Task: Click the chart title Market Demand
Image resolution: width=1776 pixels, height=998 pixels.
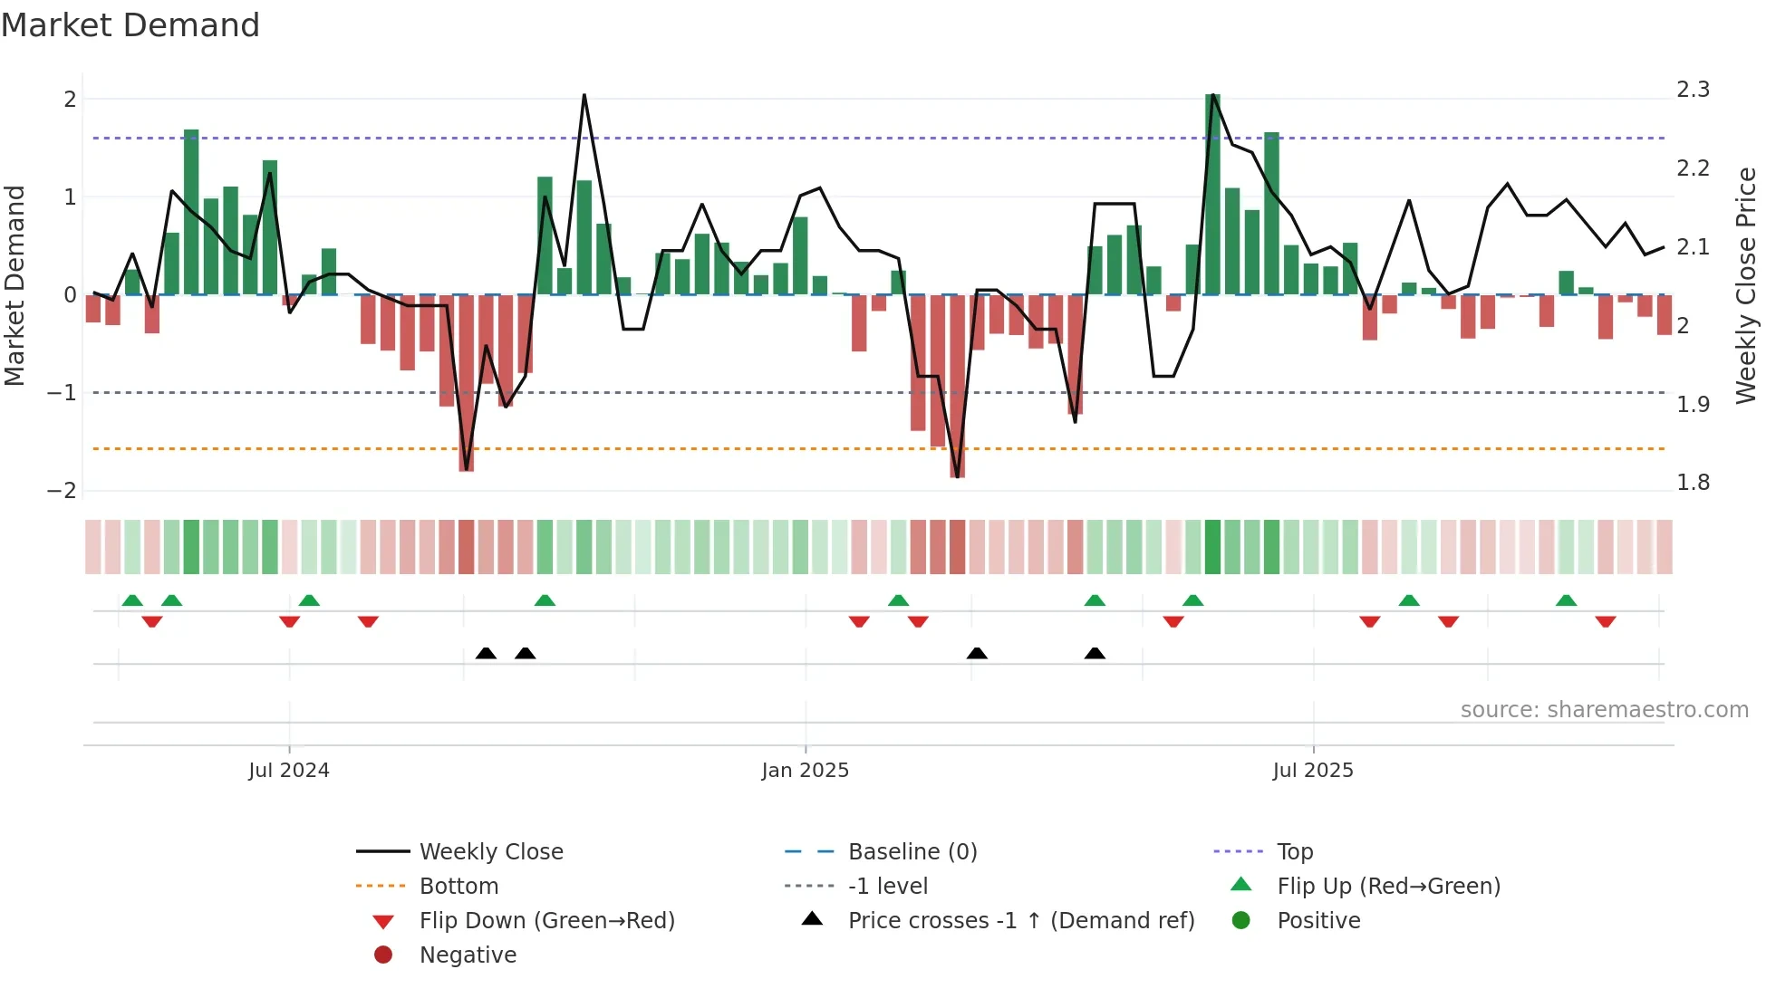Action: pos(130,25)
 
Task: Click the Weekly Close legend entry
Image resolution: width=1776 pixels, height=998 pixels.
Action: pos(490,852)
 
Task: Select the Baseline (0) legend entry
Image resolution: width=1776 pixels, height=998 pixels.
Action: pos(912,852)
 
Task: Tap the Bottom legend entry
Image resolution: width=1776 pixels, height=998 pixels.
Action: pos(458,887)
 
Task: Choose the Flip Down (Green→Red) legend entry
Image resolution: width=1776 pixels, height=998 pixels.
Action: pos(546,921)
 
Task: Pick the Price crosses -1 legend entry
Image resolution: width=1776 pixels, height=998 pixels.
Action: pos(1020,921)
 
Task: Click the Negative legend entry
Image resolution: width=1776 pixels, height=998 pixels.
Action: pos(468,955)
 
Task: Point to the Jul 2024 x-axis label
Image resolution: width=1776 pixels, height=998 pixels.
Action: pos(289,771)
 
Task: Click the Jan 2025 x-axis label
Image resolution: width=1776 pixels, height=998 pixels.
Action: pos(805,771)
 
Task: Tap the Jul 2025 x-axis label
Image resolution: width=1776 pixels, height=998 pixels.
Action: pos(1312,771)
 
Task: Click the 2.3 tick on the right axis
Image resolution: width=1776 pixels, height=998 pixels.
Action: pos(1693,90)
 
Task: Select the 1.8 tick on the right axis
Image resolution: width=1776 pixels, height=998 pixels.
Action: pos(1693,483)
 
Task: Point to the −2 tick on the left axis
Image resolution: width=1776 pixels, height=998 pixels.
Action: pos(63,491)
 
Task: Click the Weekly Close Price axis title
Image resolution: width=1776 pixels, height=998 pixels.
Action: pos(1745,285)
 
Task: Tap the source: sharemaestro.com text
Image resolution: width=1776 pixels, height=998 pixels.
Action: pos(1604,710)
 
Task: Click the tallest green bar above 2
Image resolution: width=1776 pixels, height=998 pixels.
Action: pos(1212,195)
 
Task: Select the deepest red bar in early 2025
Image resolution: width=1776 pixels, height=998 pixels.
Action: pos(957,385)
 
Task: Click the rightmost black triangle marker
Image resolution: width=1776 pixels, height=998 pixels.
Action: pos(1095,653)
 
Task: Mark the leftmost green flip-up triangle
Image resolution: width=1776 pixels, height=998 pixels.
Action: pos(132,600)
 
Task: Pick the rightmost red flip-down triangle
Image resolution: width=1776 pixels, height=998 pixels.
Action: pos(1606,621)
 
